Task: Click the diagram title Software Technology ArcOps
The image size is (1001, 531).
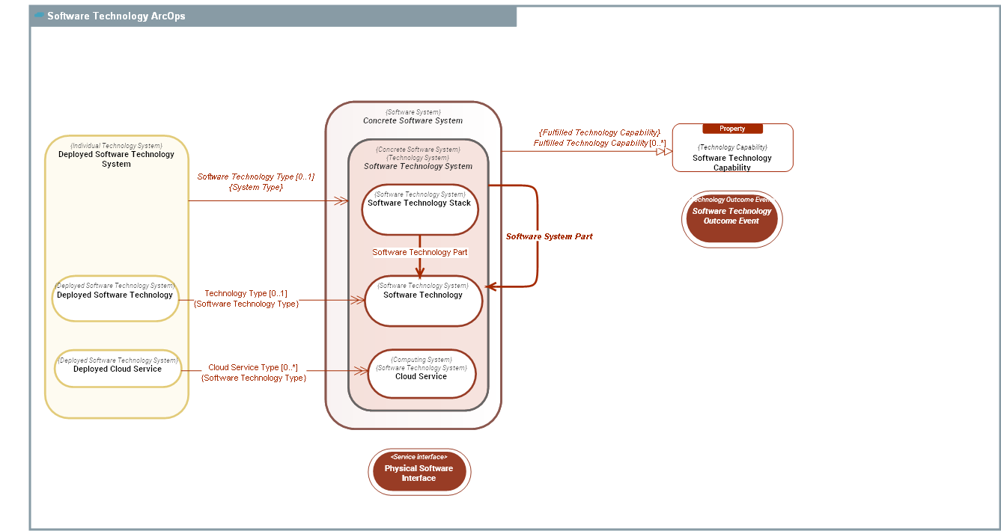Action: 116,16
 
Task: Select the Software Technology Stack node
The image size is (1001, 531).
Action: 419,209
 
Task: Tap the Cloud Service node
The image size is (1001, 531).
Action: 421,374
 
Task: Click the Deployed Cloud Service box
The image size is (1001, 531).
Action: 118,369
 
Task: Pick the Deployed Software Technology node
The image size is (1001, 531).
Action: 115,298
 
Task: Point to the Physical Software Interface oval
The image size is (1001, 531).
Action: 419,473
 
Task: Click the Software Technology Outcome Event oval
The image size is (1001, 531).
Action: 731,218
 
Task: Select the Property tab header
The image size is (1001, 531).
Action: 731,129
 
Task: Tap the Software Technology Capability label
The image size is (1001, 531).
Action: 731,162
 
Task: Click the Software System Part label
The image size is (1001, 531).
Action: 549,236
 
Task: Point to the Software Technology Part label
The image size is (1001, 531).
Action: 419,252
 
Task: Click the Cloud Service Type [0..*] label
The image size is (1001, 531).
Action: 252,367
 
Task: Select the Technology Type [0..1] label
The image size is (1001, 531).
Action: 246,293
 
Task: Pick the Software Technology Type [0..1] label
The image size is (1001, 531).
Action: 255,177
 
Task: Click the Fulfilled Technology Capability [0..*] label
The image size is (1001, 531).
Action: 599,143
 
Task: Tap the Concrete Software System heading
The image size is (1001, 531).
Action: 413,120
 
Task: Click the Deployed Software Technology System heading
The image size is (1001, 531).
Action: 116,159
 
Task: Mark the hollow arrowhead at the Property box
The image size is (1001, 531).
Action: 664,151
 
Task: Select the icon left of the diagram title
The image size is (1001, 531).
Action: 39,16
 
